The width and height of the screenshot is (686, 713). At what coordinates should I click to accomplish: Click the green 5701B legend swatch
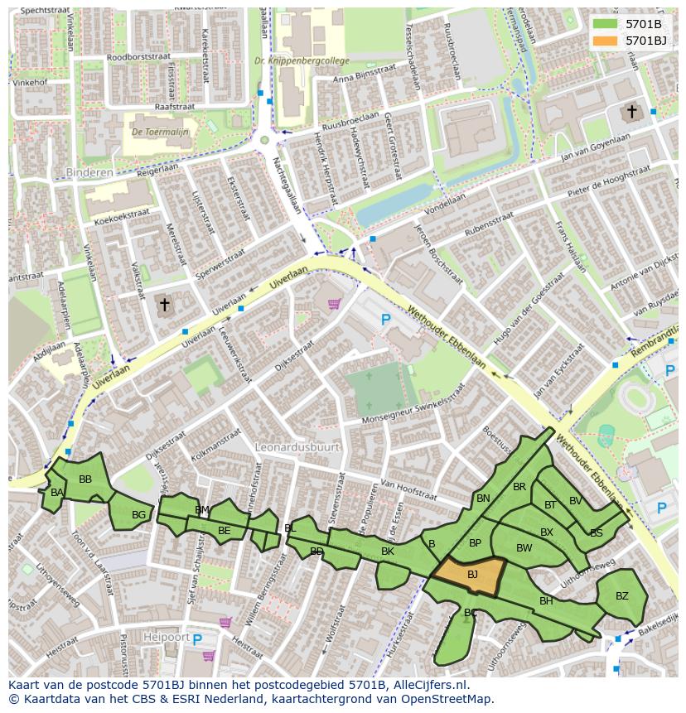605,23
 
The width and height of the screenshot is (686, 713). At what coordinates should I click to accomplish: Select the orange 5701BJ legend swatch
605,40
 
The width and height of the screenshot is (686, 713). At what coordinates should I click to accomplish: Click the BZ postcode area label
621,595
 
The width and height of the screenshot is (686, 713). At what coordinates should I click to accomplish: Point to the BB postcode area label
85,479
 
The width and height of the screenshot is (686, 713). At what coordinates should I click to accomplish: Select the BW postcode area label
524,547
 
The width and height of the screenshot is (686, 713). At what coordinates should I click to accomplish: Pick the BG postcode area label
138,514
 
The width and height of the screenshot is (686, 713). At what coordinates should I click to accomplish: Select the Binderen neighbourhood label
88,172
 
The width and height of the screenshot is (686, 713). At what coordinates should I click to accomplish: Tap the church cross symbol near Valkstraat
164,305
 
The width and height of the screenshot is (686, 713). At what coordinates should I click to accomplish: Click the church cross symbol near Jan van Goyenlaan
631,111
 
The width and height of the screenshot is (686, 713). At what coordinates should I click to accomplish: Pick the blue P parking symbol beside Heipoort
197,638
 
